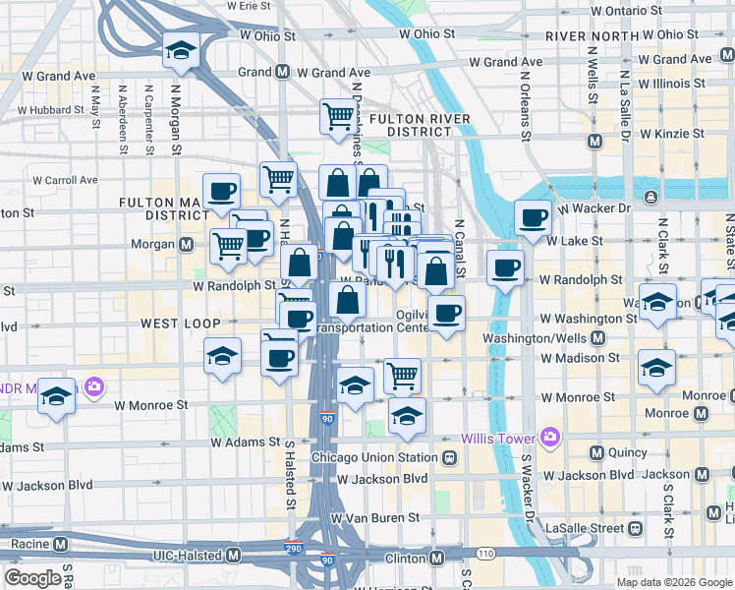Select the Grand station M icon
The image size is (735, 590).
(282, 72)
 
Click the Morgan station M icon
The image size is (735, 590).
(186, 244)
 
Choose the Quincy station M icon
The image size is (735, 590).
(594, 452)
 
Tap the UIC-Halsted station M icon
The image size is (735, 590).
(233, 555)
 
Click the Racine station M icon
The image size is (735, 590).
(61, 544)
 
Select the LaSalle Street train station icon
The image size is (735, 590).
(635, 529)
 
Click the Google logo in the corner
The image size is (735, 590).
(32, 578)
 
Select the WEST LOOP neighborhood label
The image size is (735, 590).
(178, 323)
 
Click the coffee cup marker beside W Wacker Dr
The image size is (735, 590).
(533, 217)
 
